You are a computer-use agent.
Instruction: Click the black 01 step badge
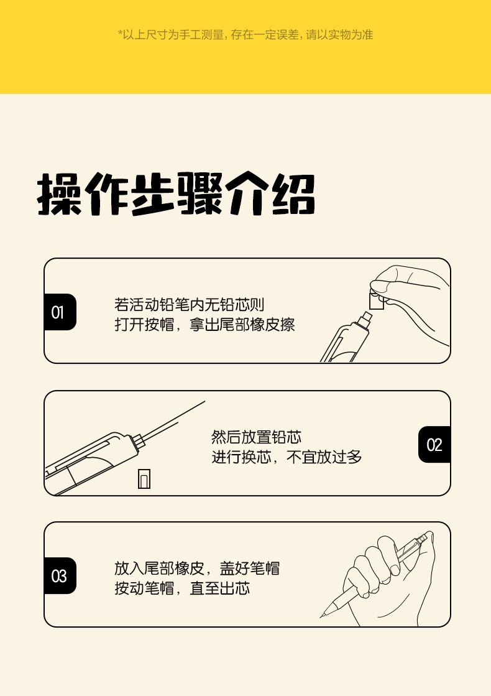point(60,312)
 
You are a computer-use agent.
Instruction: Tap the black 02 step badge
point(434,444)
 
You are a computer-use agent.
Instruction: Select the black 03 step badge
point(60,576)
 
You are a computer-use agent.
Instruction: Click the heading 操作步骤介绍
point(176,194)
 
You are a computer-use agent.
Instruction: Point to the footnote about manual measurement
point(245,35)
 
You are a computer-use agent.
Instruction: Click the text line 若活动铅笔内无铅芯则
point(190,305)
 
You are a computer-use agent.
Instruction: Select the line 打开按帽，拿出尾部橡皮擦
point(204,325)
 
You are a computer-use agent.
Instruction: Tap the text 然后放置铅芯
point(256,437)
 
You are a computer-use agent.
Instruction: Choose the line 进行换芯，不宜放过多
point(287,457)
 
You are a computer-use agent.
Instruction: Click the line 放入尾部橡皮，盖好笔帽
point(197,568)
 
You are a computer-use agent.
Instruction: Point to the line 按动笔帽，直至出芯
point(182,588)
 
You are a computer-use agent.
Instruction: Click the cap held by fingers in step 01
point(377,300)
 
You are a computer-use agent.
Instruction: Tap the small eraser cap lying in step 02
point(144,479)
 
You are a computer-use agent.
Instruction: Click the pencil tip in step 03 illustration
point(321,616)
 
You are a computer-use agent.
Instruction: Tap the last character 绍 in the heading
point(293,194)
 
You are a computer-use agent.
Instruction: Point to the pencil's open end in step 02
point(138,440)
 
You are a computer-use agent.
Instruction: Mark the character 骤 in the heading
point(200,194)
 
